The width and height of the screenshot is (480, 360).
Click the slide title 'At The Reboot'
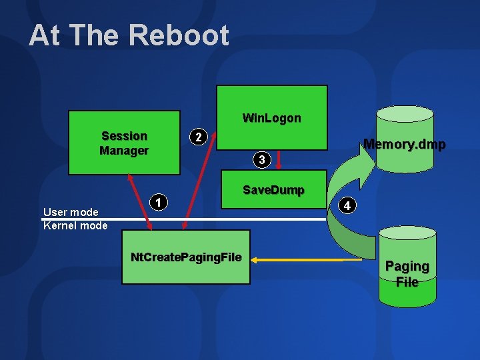pos(129,35)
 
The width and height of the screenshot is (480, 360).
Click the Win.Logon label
pos(271,118)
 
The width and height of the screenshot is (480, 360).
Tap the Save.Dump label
pos(273,190)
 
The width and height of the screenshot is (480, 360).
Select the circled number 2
pos(197,137)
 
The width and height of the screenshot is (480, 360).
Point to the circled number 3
pos(262,160)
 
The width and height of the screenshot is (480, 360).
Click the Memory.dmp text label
pos(404,144)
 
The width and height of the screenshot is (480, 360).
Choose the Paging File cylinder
pos(407,267)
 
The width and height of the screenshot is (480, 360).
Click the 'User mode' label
pos(71,212)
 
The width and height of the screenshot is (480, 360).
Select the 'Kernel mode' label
pos(75,225)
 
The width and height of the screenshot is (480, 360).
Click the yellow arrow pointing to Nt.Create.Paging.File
pos(300,259)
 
